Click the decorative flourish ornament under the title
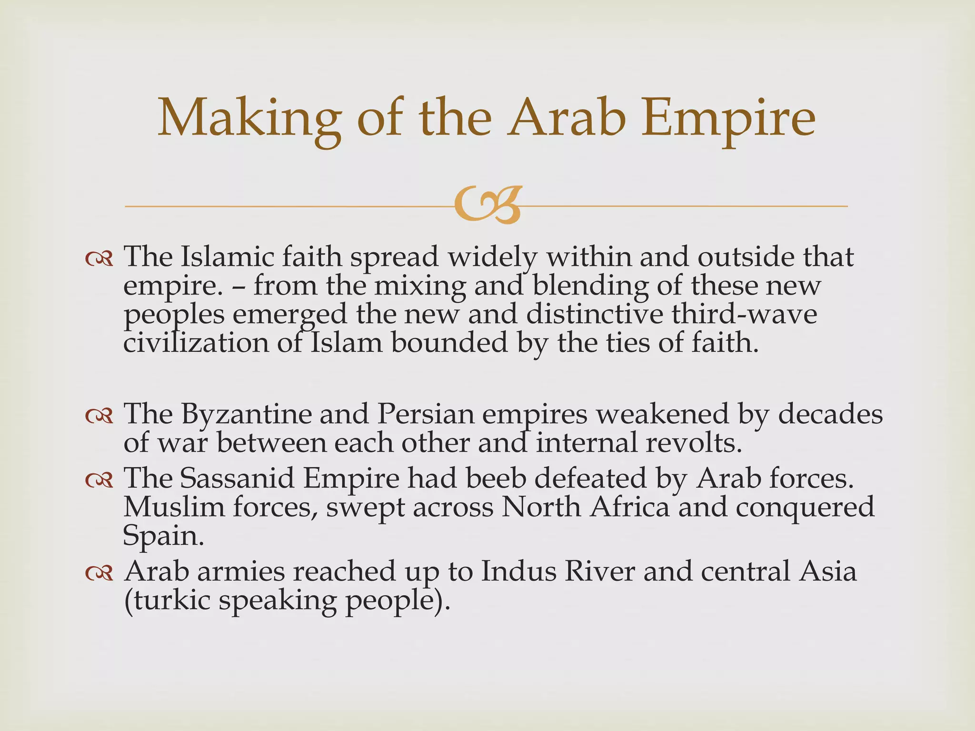[487, 206]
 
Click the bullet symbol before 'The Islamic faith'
[99, 259]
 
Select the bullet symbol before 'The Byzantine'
[99, 416]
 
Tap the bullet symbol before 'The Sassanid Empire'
[99, 481]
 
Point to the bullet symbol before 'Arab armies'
[99, 573]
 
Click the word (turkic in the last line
[167, 601]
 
